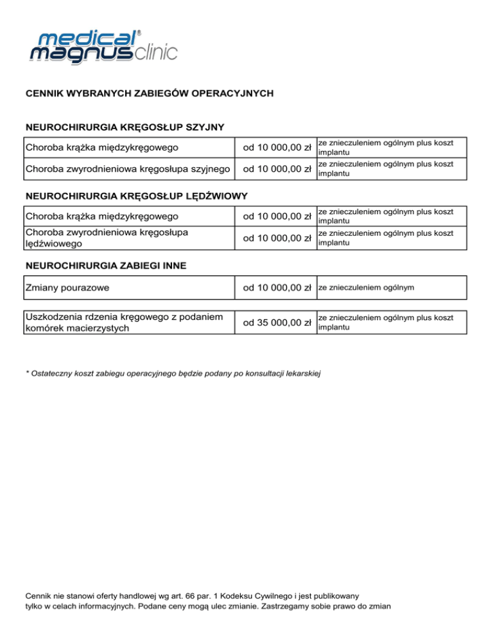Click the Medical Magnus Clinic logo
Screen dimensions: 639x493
coord(103,46)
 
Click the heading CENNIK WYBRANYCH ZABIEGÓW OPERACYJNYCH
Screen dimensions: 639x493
coord(150,93)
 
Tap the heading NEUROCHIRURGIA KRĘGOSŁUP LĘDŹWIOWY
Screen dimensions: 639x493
coord(136,195)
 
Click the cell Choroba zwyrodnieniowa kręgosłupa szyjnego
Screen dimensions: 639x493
coord(128,169)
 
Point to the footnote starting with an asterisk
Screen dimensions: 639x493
coord(173,373)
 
